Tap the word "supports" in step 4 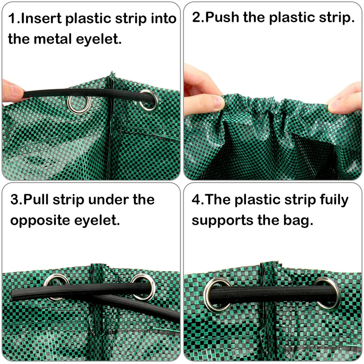point(221,220)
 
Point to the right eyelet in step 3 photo point(143,286)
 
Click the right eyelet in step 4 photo point(327,293)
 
